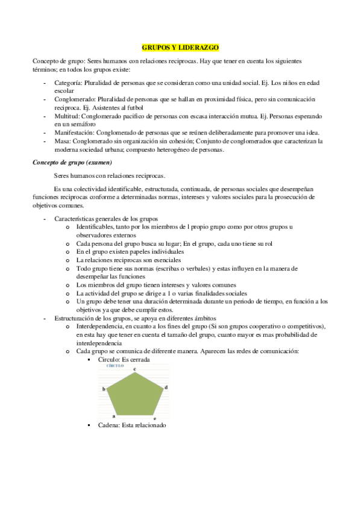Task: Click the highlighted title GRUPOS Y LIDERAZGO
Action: [181, 46]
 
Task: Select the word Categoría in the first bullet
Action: [68, 82]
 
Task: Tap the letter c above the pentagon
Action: [134, 368]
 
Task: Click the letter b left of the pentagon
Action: [104, 389]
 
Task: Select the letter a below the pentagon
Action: [113, 416]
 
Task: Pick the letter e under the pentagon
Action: [155, 417]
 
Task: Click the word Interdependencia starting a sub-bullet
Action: [102, 326]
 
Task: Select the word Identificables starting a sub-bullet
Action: [99, 226]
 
